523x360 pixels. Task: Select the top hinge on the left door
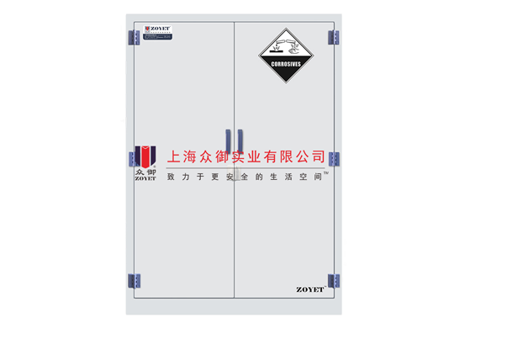(x=133, y=38)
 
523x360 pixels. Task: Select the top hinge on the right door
(x=334, y=38)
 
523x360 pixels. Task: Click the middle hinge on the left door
(x=133, y=158)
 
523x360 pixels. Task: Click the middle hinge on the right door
(x=334, y=159)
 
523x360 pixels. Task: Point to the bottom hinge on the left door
(x=133, y=280)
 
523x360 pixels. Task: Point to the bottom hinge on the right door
(x=334, y=280)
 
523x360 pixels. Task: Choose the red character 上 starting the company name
(x=175, y=156)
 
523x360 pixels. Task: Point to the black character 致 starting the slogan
(x=172, y=177)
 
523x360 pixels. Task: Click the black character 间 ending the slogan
(x=316, y=177)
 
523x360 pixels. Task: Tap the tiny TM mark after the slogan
(x=326, y=174)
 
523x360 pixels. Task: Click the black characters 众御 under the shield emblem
(x=145, y=172)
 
